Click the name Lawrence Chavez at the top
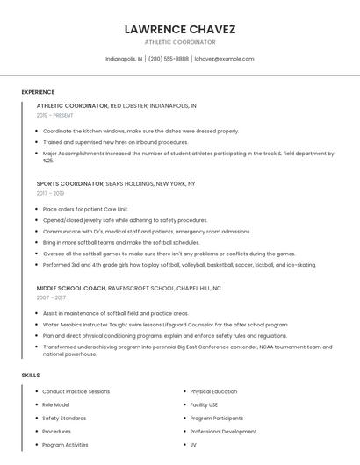pyautogui.click(x=180, y=29)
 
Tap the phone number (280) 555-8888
pyautogui.click(x=168, y=59)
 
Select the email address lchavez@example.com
pyautogui.click(x=224, y=59)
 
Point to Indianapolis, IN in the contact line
pyautogui.click(x=124, y=59)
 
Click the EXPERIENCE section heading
pyautogui.click(x=38, y=92)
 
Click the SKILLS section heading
pyautogui.click(x=31, y=375)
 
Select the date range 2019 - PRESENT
pyautogui.click(x=55, y=115)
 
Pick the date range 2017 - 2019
pyautogui.click(x=50, y=193)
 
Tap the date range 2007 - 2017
pyautogui.click(x=50, y=297)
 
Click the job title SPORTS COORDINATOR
pyautogui.click(x=70, y=184)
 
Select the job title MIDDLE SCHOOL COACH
pyautogui.click(x=71, y=288)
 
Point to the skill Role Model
pyautogui.click(x=56, y=404)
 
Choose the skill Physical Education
pyautogui.click(x=213, y=391)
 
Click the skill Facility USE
pyautogui.click(x=204, y=404)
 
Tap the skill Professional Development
pyautogui.click(x=223, y=432)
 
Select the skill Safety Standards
pyautogui.click(x=64, y=418)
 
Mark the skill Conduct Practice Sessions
pyautogui.click(x=76, y=391)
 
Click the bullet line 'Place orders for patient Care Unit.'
pyautogui.click(x=85, y=210)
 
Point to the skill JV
pyautogui.click(x=193, y=445)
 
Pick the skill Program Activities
pyautogui.click(x=65, y=445)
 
